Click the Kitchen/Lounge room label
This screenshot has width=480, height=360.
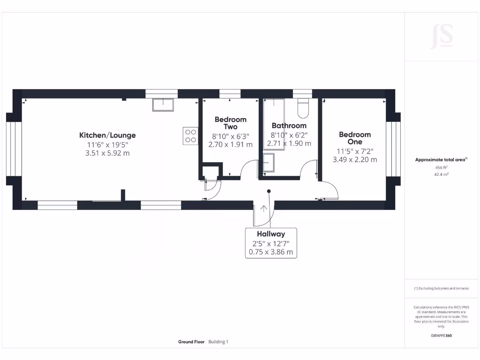(x=107, y=135)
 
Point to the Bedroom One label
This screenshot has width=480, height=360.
(x=354, y=138)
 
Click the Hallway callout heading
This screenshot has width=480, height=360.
(x=270, y=234)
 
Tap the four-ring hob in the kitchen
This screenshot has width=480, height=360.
(x=190, y=135)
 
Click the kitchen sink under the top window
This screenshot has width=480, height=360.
(x=163, y=104)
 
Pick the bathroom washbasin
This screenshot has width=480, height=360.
(x=270, y=163)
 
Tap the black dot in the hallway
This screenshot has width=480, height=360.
(x=269, y=191)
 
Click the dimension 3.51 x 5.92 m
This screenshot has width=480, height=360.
(x=107, y=153)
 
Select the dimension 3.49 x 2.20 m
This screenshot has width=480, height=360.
(x=354, y=159)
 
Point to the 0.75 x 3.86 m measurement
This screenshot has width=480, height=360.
(x=270, y=252)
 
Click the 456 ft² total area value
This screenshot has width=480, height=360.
(x=441, y=167)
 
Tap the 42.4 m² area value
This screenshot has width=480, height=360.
(x=441, y=174)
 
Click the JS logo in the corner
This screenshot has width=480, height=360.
(x=442, y=36)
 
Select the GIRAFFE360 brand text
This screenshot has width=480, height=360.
(x=441, y=336)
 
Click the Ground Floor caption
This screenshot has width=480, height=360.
(x=191, y=342)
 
